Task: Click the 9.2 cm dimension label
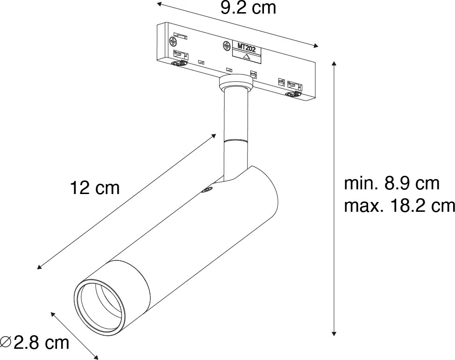[248, 8]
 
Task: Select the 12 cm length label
[95, 188]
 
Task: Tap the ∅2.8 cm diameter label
[35, 343]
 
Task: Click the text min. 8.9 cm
[391, 184]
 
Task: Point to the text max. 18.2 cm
[399, 206]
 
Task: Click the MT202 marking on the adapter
[246, 46]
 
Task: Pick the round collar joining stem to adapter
[235, 84]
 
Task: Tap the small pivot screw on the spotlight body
[207, 189]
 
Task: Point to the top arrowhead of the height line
[334, 63]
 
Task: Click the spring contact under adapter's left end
[177, 64]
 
